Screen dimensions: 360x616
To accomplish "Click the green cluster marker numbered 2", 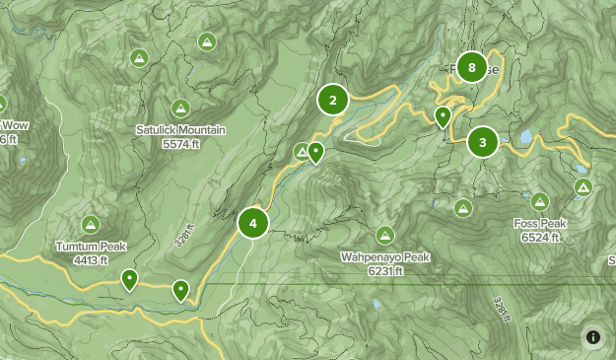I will (x=333, y=100).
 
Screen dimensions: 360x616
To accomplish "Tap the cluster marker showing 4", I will (x=253, y=223).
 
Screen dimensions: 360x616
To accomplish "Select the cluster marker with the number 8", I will (x=473, y=68).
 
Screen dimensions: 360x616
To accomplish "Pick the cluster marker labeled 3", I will (x=482, y=143).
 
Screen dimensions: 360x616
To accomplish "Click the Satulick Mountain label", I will (x=180, y=130).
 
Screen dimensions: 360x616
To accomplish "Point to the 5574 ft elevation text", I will (x=181, y=144).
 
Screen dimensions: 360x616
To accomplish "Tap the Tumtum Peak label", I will (x=91, y=247).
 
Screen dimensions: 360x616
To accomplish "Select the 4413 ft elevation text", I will (x=91, y=260).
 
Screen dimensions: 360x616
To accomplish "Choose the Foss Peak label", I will (x=539, y=224).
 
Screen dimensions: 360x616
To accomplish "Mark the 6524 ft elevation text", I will (x=539, y=237).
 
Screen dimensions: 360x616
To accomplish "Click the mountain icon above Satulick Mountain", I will (x=179, y=108).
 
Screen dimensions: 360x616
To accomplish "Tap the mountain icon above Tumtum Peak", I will (x=91, y=225).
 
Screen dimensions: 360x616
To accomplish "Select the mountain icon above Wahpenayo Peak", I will (x=384, y=236).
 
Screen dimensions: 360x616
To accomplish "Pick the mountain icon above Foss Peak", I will (x=539, y=202).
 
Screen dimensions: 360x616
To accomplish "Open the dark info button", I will (x=593, y=337).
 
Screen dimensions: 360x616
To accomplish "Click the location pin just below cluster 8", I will (x=444, y=117).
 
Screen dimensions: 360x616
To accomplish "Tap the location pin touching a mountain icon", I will (x=315, y=152).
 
